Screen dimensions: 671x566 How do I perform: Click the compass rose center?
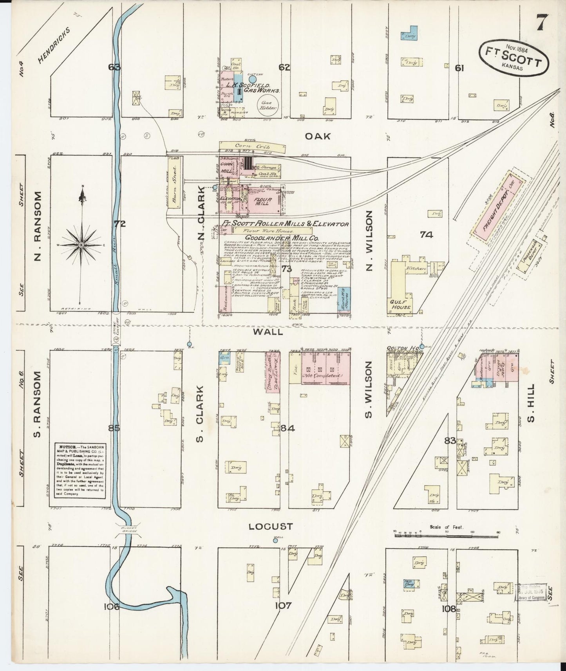click(81, 245)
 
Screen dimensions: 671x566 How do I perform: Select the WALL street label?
click(268, 332)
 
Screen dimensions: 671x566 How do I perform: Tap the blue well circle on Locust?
click(275, 541)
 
